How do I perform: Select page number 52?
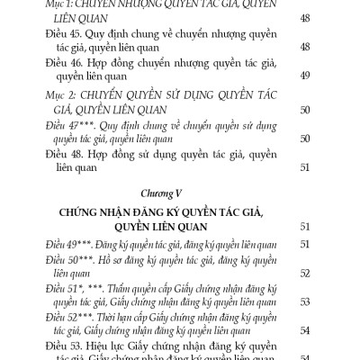pos(303,273)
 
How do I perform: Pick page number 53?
pos(303,301)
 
